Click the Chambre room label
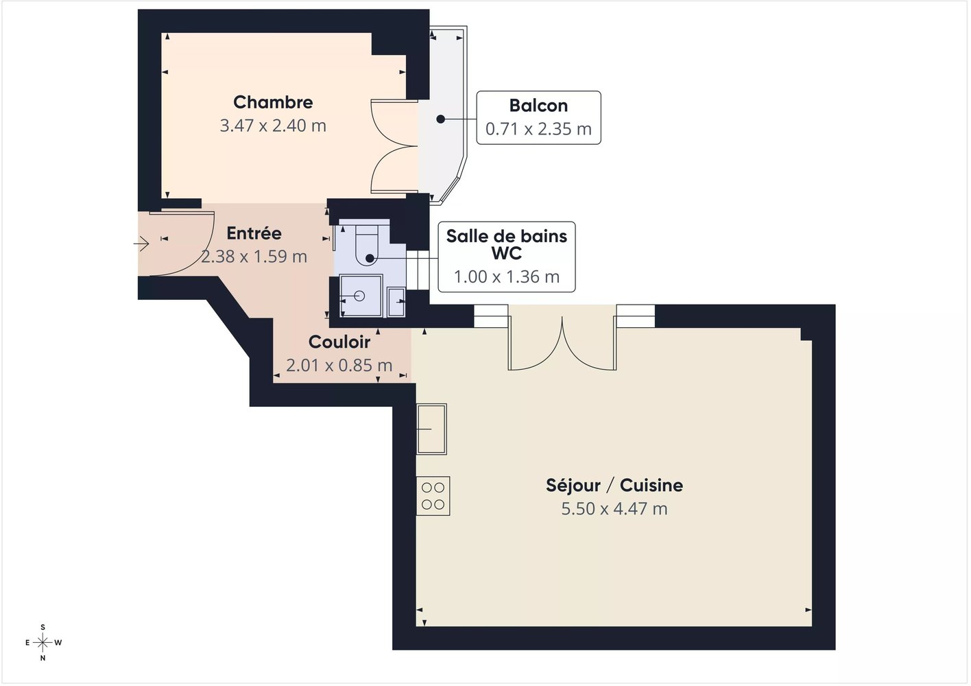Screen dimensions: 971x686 click(x=273, y=102)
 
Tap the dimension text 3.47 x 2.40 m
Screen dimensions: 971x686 click(x=273, y=126)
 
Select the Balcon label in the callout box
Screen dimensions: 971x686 click(x=538, y=106)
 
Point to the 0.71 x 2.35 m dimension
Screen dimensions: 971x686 click(x=538, y=129)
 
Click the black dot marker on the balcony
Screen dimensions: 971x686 click(x=440, y=119)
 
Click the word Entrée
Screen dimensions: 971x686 click(x=254, y=233)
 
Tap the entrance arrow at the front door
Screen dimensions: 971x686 click(x=141, y=244)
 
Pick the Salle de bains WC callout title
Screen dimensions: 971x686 click(x=506, y=245)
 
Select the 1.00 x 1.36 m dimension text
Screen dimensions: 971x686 click(x=506, y=276)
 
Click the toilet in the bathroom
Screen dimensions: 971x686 click(x=367, y=245)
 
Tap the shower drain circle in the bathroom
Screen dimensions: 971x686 click(x=359, y=296)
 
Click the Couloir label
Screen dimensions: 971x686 click(x=339, y=342)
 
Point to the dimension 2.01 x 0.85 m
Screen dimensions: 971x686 click(x=339, y=365)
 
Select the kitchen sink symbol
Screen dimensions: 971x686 click(x=432, y=429)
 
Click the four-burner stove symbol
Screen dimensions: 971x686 click(x=433, y=496)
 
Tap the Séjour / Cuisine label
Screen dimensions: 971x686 click(x=614, y=485)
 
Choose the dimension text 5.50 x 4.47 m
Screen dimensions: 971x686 click(x=614, y=508)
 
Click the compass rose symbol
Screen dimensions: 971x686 click(x=43, y=643)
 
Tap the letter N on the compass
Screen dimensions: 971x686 click(x=43, y=658)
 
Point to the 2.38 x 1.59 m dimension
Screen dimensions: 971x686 click(x=254, y=257)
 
